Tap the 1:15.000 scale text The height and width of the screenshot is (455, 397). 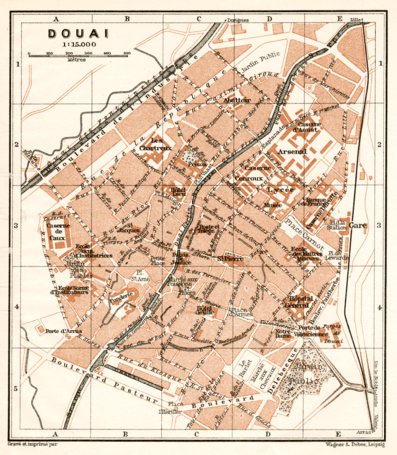65,45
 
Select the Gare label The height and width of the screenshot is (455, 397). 359,226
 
